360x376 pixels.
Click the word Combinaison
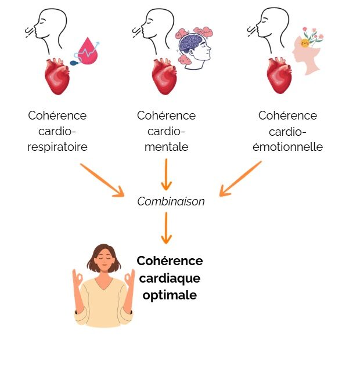(x=171, y=202)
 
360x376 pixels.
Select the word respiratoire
(x=57, y=147)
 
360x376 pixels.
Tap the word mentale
(x=167, y=147)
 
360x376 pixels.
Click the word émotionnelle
(x=288, y=147)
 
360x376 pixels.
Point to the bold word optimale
(x=170, y=295)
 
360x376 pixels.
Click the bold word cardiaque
(x=170, y=278)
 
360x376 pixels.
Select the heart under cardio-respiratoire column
(x=58, y=77)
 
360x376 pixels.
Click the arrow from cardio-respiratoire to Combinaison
(x=102, y=179)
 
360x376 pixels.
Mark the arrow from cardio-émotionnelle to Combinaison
(x=240, y=178)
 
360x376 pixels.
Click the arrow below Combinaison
(x=167, y=227)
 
